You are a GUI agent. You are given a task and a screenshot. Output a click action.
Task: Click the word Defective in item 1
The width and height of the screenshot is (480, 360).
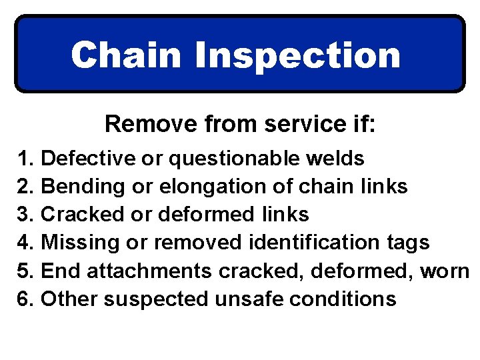[85, 159]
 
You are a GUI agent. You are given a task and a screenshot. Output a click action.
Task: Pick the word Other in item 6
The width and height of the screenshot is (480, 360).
[70, 299]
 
